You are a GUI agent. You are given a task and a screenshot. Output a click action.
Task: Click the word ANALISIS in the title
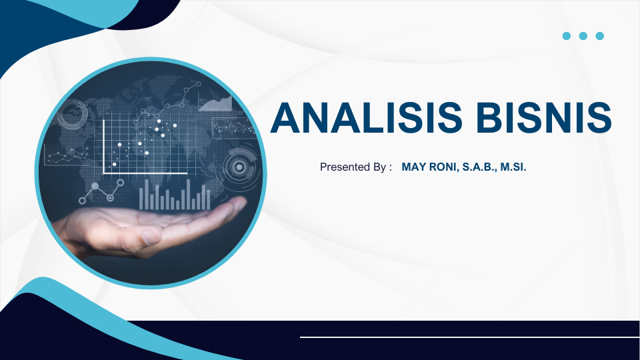(366, 117)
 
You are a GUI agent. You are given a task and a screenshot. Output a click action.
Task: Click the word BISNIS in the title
(544, 117)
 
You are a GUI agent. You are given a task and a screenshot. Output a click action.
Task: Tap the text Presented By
(353, 167)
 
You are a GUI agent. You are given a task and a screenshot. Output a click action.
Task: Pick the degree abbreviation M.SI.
(513, 167)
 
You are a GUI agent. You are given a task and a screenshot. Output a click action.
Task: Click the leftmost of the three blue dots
(567, 36)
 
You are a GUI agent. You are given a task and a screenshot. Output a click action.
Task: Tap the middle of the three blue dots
(583, 36)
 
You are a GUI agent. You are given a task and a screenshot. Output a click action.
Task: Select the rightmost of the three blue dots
(599, 36)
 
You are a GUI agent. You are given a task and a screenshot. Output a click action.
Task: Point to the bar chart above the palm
(175, 195)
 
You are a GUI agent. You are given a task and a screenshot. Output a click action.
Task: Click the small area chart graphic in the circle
(215, 104)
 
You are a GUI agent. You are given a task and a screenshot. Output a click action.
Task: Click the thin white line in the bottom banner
(470, 337)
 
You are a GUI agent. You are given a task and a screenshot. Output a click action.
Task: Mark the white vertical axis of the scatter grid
(104, 147)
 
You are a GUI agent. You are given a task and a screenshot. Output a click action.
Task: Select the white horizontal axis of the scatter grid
(145, 173)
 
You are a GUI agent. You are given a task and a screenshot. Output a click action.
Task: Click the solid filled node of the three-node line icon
(95, 187)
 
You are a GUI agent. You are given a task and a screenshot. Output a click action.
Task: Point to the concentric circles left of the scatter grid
(72, 114)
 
